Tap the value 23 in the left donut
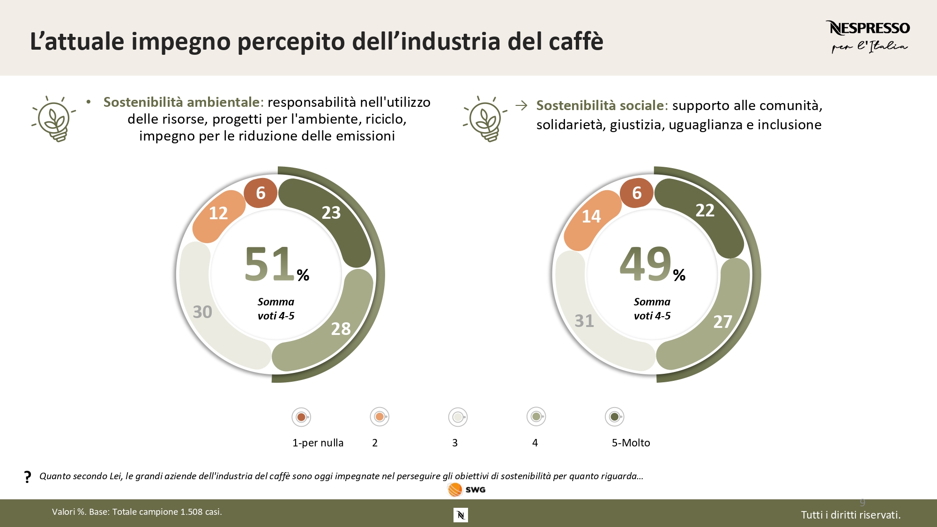pyautogui.click(x=331, y=213)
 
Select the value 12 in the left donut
pyautogui.click(x=218, y=213)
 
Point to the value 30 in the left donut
pyautogui.click(x=202, y=312)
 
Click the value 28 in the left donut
pyautogui.click(x=341, y=329)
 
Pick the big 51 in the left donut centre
pyautogui.click(x=269, y=264)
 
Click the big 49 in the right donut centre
pyautogui.click(x=646, y=264)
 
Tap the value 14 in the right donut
pyautogui.click(x=591, y=216)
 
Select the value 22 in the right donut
pyautogui.click(x=705, y=210)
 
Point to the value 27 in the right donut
pyautogui.click(x=722, y=322)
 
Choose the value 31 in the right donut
pyautogui.click(x=584, y=321)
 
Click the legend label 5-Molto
pyautogui.click(x=631, y=443)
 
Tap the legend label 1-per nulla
pyautogui.click(x=318, y=443)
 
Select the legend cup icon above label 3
pyautogui.click(x=458, y=416)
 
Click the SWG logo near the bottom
pyautogui.click(x=467, y=490)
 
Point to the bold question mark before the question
pyautogui.click(x=28, y=477)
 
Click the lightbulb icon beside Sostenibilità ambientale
pyautogui.click(x=54, y=119)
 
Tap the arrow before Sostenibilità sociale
pyautogui.click(x=521, y=105)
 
